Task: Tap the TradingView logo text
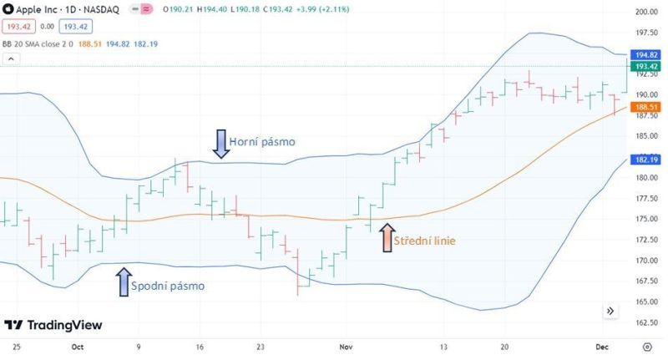point(52,325)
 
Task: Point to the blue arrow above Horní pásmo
point(220,144)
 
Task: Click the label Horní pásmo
point(261,142)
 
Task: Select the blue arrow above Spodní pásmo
point(124,282)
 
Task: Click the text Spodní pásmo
point(170,286)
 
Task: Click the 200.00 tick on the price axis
point(646,13)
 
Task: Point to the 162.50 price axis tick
point(646,322)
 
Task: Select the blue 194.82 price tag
point(646,54)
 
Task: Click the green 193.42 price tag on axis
point(646,66)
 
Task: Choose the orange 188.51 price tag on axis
point(646,108)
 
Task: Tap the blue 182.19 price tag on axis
point(646,160)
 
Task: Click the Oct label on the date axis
point(78,344)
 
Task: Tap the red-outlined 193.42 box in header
point(18,25)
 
